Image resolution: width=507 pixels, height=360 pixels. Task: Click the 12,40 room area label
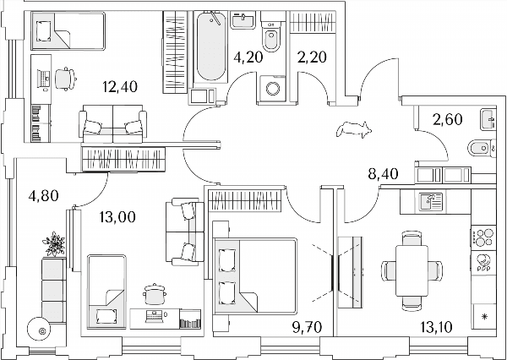tap(120, 87)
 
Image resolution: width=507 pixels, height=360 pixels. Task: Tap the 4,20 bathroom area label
tap(248, 57)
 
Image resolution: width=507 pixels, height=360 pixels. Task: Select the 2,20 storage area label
tap(312, 57)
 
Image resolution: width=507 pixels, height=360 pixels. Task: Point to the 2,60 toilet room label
tap(448, 120)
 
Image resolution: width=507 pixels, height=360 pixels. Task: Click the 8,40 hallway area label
tap(383, 175)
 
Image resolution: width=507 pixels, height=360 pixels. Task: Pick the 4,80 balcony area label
tap(43, 196)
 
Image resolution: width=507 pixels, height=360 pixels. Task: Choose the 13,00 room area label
tap(117, 216)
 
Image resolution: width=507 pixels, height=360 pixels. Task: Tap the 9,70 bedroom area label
tap(308, 328)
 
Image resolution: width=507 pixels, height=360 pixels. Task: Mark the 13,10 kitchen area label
tap(437, 328)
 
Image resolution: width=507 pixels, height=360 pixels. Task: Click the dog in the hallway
tap(354, 129)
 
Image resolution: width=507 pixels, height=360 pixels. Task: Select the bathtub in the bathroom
tap(211, 46)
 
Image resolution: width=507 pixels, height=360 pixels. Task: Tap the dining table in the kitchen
tap(412, 270)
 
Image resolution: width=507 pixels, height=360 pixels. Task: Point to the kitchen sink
tap(431, 202)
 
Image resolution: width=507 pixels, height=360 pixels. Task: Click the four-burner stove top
tap(483, 237)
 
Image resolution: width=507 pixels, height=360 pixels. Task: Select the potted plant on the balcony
tap(54, 244)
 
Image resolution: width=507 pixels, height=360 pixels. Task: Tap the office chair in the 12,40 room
tap(66, 79)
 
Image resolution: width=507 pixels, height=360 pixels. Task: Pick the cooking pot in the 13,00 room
tap(155, 294)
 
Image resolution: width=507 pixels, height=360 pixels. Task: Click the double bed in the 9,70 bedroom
tap(255, 275)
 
